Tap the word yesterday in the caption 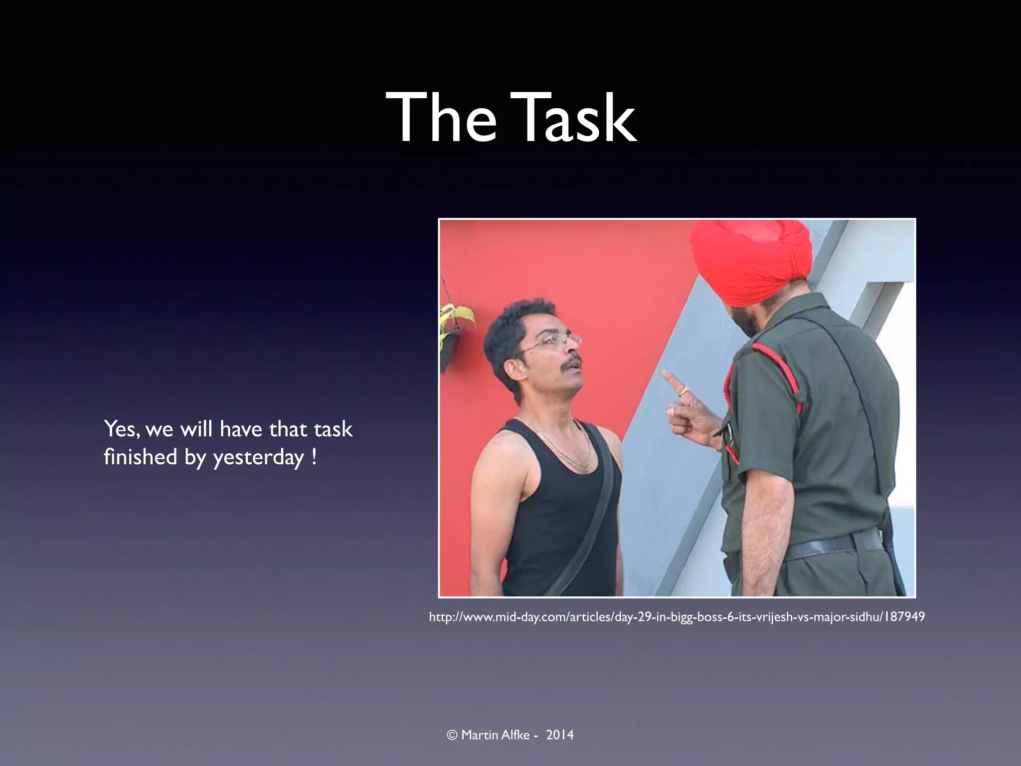pyautogui.click(x=258, y=458)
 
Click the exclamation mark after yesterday pyautogui.click(x=314, y=457)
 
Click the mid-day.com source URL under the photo pyautogui.click(x=677, y=617)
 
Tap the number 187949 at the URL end pyautogui.click(x=904, y=617)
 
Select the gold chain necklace pyautogui.click(x=563, y=449)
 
